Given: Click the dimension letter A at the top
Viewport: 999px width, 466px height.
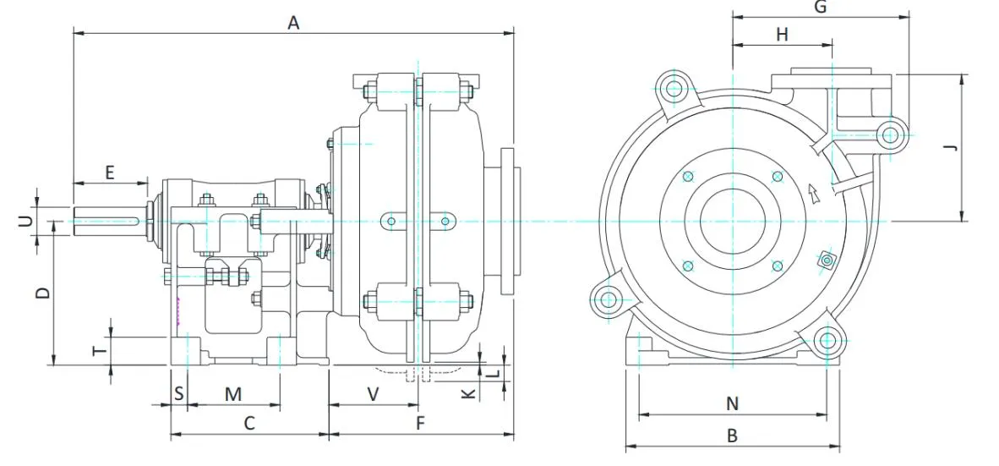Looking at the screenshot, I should click(293, 23).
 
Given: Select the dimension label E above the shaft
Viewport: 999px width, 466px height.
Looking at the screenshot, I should click(109, 173).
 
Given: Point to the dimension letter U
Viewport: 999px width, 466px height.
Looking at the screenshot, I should click(26, 222).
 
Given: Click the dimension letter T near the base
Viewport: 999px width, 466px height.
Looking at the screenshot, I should click(99, 349).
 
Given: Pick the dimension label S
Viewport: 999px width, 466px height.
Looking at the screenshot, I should click(179, 393).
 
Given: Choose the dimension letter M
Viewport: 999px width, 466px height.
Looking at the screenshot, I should click(233, 393).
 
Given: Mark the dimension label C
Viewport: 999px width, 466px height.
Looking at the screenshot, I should click(249, 423).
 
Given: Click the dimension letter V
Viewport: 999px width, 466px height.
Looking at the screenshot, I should click(373, 393).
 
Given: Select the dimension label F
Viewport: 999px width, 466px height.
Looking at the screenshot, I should click(420, 423).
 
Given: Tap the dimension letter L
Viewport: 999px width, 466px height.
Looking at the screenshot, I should click(496, 371).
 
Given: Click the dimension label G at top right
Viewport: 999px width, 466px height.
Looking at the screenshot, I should click(819, 8).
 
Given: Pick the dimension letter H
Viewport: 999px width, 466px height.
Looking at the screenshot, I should click(782, 34).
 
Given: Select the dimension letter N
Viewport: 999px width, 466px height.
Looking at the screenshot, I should click(733, 403).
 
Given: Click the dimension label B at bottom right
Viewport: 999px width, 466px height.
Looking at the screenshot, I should click(733, 436).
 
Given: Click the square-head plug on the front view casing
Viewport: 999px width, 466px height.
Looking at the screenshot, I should click(826, 260).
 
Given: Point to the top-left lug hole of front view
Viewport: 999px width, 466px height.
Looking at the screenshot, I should click(674, 85).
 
